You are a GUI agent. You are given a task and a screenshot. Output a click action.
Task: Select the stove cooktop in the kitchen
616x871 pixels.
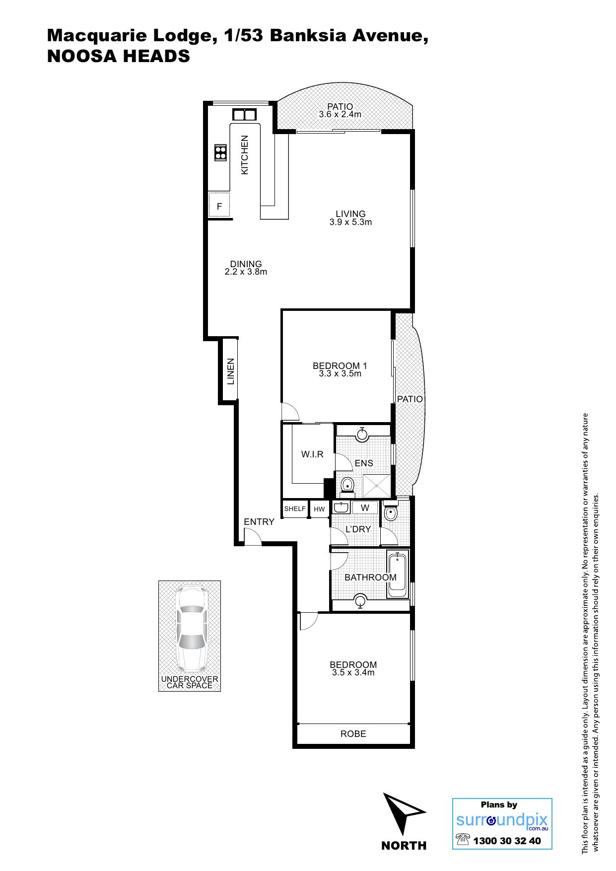click(220, 152)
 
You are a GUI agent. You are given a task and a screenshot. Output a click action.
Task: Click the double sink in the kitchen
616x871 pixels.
click(244, 115)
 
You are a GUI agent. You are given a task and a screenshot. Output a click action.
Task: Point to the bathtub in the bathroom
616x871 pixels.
click(397, 576)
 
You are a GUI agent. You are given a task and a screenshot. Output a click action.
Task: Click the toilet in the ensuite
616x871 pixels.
click(347, 486)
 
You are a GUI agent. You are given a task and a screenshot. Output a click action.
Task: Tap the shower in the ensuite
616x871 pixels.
click(377, 486)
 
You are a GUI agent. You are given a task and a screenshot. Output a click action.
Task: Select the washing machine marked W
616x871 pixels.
click(365, 508)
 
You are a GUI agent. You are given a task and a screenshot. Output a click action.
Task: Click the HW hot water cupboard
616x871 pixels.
click(319, 509)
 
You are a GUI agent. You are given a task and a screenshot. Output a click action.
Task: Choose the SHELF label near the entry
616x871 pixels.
click(295, 508)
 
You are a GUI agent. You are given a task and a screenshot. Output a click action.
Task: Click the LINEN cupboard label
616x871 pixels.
click(230, 371)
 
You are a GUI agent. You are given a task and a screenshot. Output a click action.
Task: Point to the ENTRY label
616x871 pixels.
click(259, 521)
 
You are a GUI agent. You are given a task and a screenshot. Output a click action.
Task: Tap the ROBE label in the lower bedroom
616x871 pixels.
click(353, 733)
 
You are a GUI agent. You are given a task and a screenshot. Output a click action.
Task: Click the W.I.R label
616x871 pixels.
click(312, 454)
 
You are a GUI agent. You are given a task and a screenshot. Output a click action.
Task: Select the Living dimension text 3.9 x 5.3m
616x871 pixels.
click(350, 222)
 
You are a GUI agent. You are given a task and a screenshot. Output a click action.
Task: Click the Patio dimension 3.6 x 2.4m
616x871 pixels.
click(340, 114)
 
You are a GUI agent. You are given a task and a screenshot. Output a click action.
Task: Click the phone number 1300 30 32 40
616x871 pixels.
click(507, 841)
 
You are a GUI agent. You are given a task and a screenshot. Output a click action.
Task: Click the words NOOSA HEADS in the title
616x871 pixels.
click(118, 56)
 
